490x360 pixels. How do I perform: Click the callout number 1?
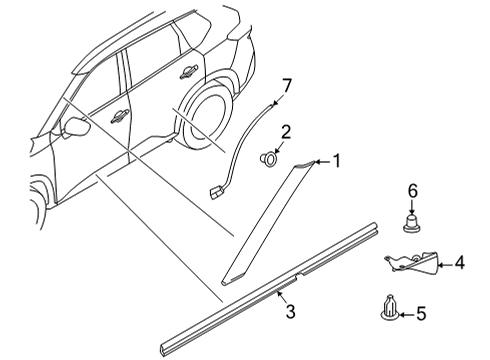point(337,159)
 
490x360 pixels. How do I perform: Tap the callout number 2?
point(285,131)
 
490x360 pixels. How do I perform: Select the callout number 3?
point(291,313)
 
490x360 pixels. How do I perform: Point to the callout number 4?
point(459,265)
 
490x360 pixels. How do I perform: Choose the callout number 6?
point(410,190)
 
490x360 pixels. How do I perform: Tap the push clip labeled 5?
point(388,309)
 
